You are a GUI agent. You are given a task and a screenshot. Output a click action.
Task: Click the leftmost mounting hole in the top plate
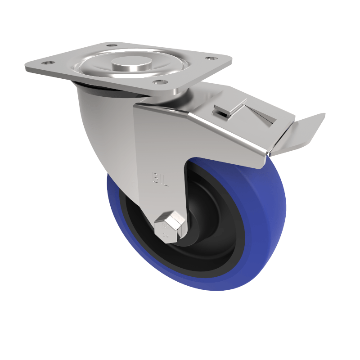click(48, 63)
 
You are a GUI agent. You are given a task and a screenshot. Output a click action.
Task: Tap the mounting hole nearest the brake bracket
click(210, 58)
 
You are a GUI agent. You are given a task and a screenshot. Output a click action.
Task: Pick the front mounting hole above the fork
click(158, 82)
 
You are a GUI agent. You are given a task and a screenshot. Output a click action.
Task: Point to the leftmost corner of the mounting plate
click(26, 67)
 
